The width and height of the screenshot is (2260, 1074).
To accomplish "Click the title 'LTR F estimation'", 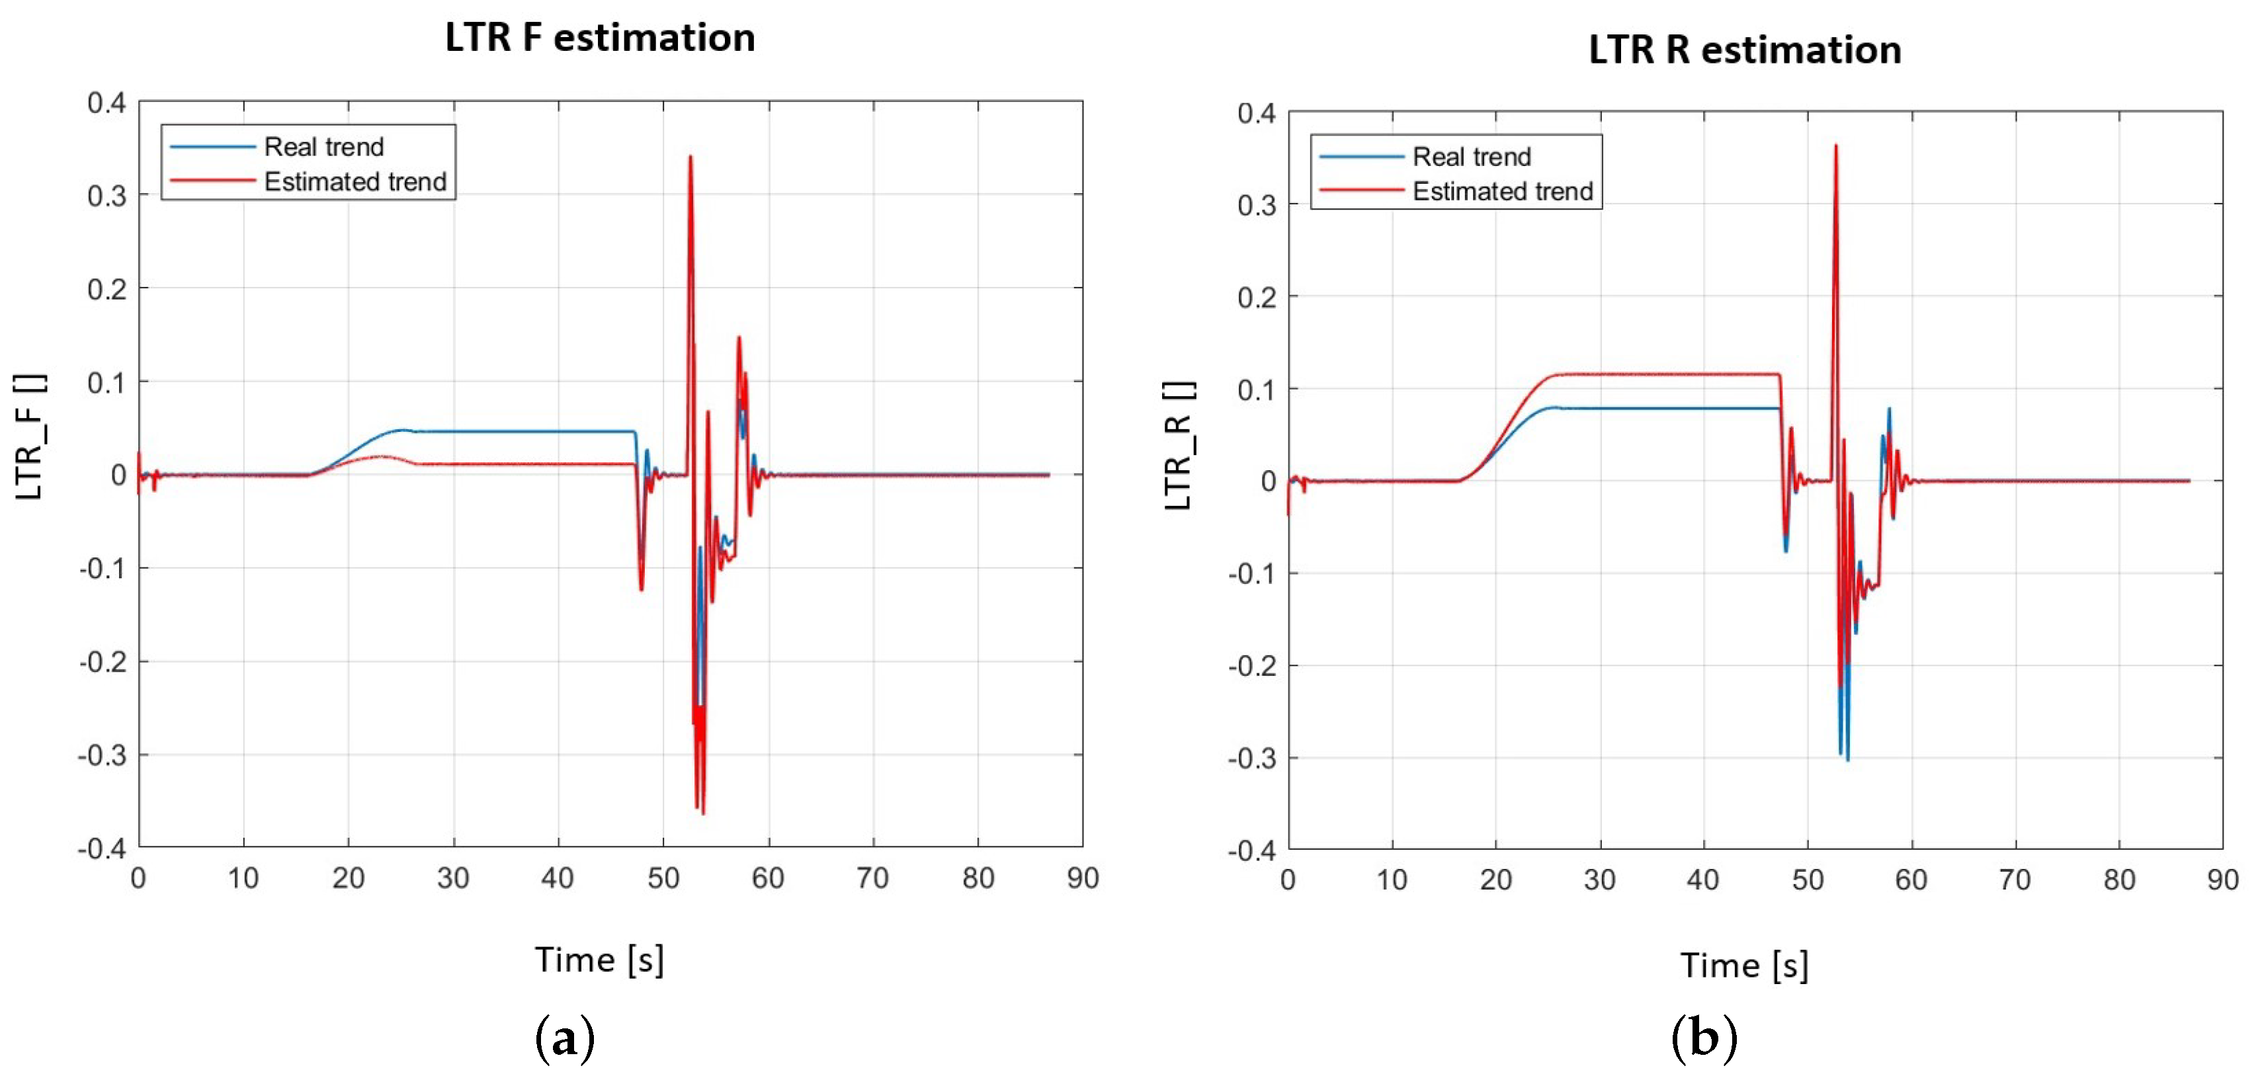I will [x=600, y=38].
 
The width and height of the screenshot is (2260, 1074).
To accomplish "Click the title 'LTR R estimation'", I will [x=1744, y=50].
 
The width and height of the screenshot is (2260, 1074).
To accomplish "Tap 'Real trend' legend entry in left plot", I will [x=323, y=147].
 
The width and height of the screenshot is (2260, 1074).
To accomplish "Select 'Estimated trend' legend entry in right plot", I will [x=1502, y=191].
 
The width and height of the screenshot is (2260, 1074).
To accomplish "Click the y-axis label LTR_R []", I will [x=1178, y=446].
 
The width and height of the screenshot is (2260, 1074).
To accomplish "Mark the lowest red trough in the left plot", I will [x=703, y=813].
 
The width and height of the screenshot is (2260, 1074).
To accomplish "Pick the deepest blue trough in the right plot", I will [x=1848, y=759].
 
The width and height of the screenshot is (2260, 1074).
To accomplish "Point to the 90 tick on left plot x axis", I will [x=1083, y=878].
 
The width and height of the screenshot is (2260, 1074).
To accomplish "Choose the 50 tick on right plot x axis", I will [x=1808, y=880].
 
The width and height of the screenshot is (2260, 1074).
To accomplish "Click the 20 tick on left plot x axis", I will [x=349, y=878].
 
